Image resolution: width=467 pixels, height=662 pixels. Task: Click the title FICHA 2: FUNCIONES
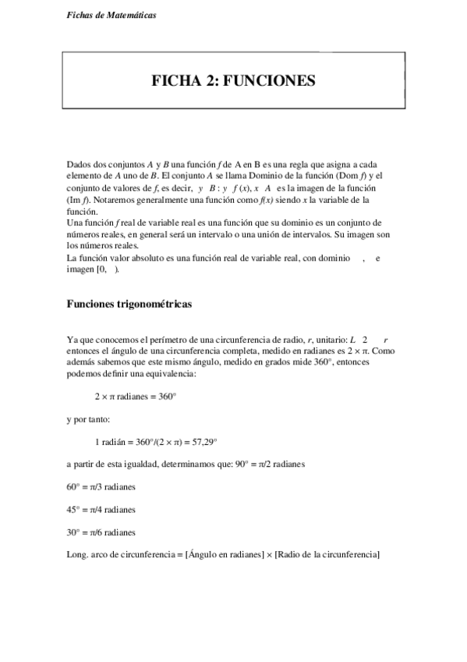[x=233, y=80]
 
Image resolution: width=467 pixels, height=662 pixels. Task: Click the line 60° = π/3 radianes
[x=101, y=487]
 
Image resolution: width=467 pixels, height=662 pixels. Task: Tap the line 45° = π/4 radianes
[x=101, y=510]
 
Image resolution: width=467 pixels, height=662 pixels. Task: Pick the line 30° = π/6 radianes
[x=101, y=532]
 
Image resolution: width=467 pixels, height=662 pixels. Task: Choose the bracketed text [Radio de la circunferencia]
[x=327, y=554]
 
